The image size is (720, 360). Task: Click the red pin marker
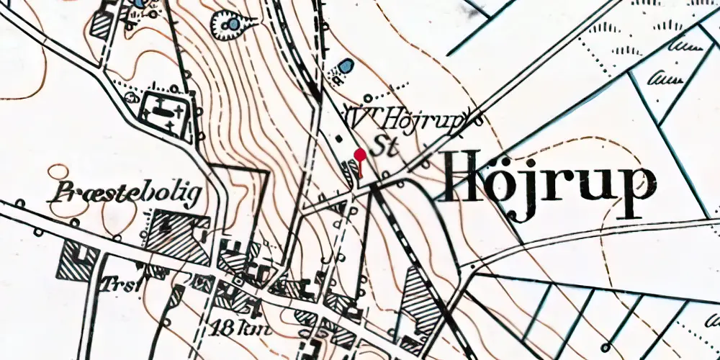point(359,153)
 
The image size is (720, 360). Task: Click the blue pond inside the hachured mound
point(233,26)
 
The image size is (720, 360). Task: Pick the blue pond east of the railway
point(347,66)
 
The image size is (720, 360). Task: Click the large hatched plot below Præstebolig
point(176,236)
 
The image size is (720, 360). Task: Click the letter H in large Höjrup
point(465,177)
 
